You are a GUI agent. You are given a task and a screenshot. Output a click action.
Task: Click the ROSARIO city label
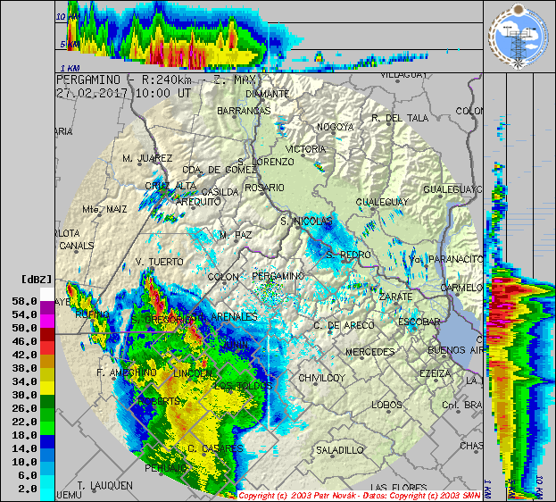(x=267, y=188)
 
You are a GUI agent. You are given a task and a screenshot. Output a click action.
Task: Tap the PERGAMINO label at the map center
(x=278, y=277)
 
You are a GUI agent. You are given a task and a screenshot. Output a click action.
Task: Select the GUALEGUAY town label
(x=381, y=203)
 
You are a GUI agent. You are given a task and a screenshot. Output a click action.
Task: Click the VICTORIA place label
(x=306, y=149)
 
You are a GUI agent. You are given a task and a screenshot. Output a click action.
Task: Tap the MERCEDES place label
(x=369, y=351)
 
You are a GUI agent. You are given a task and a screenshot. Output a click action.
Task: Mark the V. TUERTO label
(x=159, y=262)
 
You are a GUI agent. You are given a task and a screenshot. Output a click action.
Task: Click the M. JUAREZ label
(x=146, y=158)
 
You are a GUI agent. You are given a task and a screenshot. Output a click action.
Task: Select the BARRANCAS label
(x=243, y=110)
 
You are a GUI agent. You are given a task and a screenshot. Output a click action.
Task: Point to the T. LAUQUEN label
(x=105, y=485)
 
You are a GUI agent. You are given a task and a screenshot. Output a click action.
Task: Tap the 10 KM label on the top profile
(x=65, y=17)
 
